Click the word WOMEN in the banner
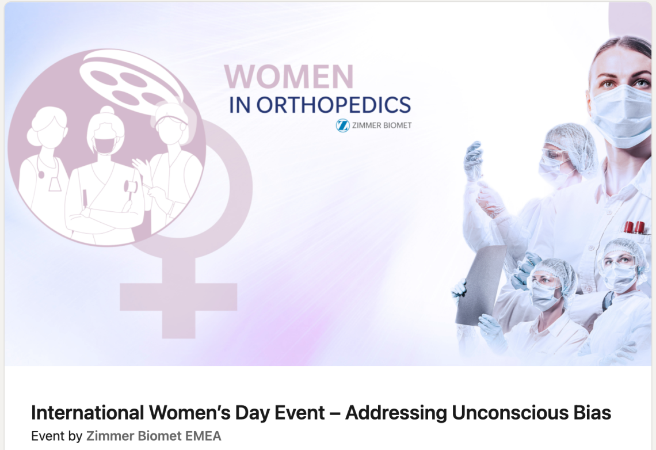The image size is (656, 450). [x=289, y=77]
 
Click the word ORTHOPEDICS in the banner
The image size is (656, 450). [x=333, y=105]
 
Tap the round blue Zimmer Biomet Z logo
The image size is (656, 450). [x=342, y=125]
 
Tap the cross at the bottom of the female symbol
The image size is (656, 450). [x=178, y=297]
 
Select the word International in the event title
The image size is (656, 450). [x=87, y=413]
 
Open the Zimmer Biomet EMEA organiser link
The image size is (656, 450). [x=154, y=436]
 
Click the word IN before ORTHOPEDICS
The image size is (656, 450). [x=240, y=105]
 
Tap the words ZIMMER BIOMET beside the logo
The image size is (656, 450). [x=382, y=125]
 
